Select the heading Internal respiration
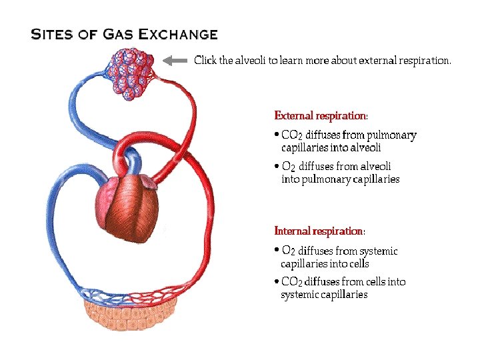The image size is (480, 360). (x=319, y=231)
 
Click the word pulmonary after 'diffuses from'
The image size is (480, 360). (x=391, y=135)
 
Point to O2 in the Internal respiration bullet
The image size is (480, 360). (x=289, y=251)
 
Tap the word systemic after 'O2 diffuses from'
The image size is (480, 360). (x=378, y=251)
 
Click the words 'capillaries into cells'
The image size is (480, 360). (x=325, y=264)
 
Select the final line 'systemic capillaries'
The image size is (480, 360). (x=324, y=295)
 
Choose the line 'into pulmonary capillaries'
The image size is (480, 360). (x=340, y=179)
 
